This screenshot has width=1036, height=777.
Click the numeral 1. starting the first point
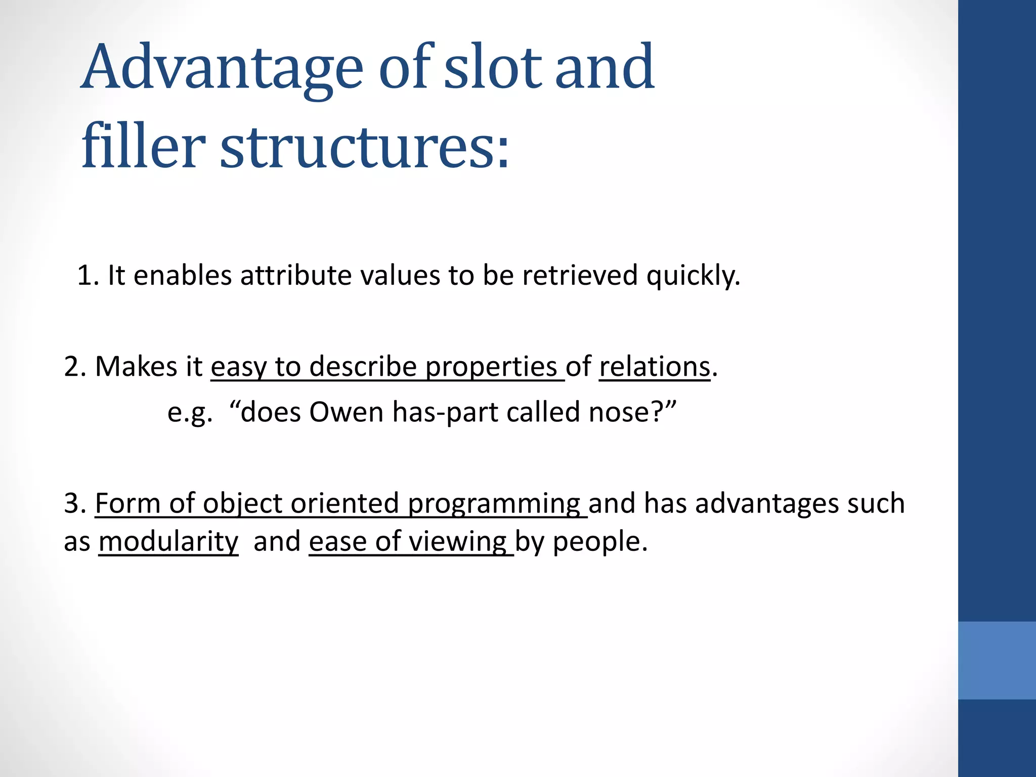point(88,276)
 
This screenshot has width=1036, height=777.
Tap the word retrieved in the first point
point(580,276)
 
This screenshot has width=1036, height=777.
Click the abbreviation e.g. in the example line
point(190,413)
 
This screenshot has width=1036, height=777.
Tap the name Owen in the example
point(347,412)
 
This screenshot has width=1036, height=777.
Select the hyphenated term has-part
point(446,412)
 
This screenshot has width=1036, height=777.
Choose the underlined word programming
point(494,504)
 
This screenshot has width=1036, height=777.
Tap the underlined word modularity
point(168,542)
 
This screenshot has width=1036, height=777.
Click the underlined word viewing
point(458,542)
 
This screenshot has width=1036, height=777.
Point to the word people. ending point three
point(600,542)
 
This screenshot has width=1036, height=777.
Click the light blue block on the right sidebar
point(997,660)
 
